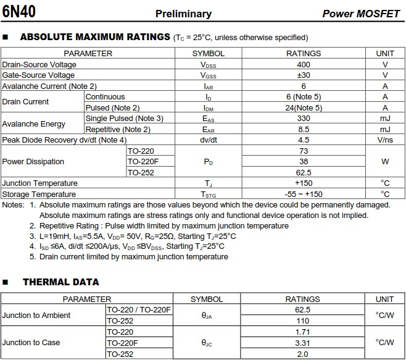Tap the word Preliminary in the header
[183, 14]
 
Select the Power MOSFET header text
[361, 14]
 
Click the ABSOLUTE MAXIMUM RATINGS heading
[95, 37]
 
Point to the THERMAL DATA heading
[60, 282]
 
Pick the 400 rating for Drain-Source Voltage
[304, 64]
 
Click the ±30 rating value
[304, 75]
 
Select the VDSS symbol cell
[208, 65]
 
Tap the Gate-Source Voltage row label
[38, 75]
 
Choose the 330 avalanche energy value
[304, 119]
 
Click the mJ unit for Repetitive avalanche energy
[385, 129]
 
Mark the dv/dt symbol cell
[208, 140]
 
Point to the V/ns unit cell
[385, 140]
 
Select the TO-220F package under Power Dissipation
[143, 162]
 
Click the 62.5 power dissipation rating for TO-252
[304, 173]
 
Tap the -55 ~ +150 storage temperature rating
[304, 195]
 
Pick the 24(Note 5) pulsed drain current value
[304, 107]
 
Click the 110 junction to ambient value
[303, 321]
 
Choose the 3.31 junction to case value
[303, 343]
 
